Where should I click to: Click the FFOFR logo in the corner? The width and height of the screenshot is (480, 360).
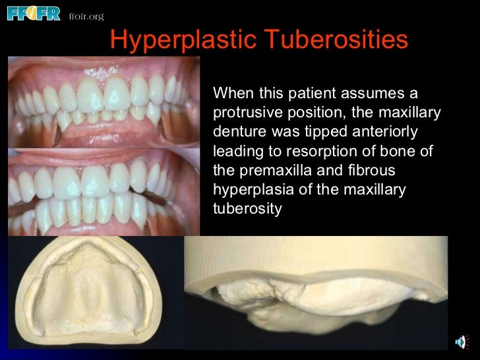33,13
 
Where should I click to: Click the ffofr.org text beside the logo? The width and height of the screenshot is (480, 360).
86,16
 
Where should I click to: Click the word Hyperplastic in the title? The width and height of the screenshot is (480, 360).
181,41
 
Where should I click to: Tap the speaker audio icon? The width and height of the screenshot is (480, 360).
464,342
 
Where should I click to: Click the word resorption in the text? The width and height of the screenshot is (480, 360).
328,151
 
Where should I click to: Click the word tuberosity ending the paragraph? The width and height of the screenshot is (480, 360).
247,209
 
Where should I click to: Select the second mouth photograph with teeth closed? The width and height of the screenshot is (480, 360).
104,191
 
